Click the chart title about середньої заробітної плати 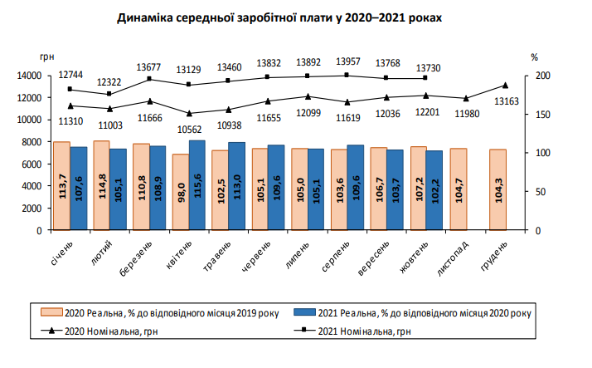click(296, 17)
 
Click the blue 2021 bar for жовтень click(434, 190)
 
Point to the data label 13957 click(347, 62)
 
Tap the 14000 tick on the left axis click(29, 76)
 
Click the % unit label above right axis click(535, 57)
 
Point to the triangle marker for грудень click(505, 86)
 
